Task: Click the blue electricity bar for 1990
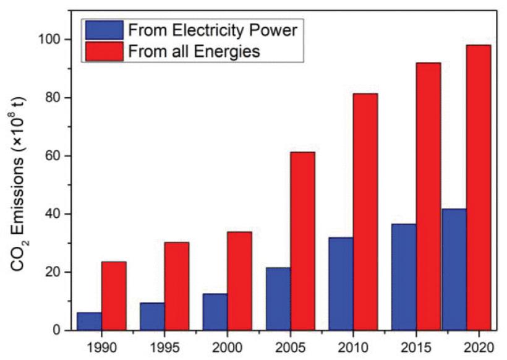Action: (x=90, y=321)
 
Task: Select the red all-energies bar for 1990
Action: (x=114, y=296)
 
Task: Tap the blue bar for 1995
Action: (x=152, y=316)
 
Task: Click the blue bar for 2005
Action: (x=278, y=299)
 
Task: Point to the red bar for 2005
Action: (x=302, y=241)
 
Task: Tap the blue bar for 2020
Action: (x=454, y=270)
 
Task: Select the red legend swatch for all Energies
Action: (x=103, y=51)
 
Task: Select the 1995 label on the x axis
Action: (x=164, y=345)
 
